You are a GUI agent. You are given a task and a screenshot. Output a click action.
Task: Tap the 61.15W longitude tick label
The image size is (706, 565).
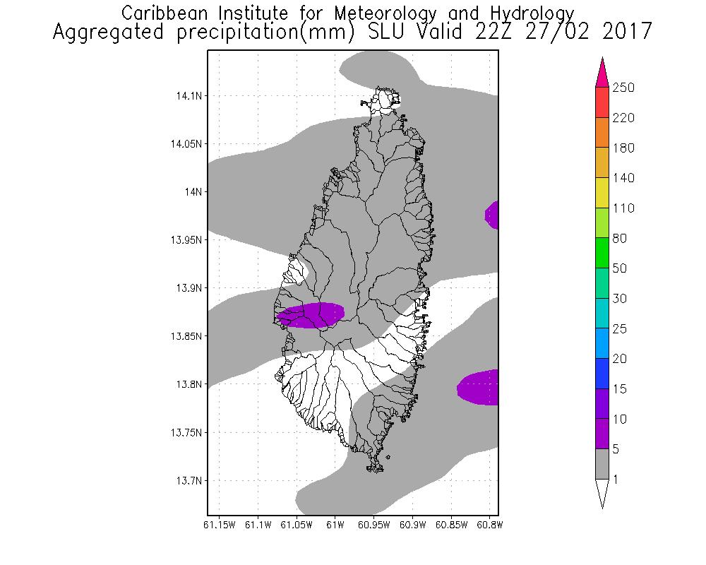(219, 525)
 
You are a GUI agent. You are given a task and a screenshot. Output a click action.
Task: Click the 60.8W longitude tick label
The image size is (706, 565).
(490, 525)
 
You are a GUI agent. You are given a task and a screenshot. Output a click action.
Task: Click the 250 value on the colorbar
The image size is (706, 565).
(623, 88)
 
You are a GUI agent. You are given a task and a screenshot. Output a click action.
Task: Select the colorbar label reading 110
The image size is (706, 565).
(623, 208)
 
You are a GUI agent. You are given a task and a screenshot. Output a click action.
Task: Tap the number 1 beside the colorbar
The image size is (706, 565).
(616, 480)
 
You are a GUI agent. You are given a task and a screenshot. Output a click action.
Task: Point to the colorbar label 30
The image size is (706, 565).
(621, 299)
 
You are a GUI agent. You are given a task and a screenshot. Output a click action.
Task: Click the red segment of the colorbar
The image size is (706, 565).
(602, 102)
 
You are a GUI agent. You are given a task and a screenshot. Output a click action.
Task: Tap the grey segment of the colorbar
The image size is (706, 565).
(602, 464)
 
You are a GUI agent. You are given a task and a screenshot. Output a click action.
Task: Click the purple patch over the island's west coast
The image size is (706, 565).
(311, 315)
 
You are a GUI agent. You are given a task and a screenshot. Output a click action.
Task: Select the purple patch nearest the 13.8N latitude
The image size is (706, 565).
(479, 388)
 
